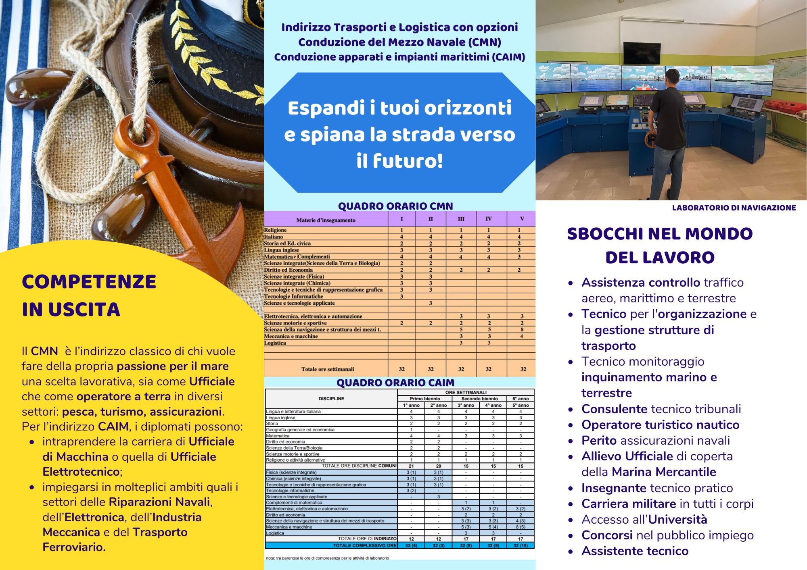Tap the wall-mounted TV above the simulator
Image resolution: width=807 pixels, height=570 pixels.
click(642, 53)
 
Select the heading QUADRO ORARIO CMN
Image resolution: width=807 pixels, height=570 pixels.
click(395, 206)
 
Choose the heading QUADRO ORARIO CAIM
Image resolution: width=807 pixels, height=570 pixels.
click(395, 383)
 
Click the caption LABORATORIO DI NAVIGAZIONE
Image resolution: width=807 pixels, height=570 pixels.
click(734, 208)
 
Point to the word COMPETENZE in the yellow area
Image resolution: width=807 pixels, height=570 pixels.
click(89, 282)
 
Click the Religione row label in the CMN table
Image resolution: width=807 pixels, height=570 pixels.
click(275, 230)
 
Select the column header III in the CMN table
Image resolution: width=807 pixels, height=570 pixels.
click(461, 219)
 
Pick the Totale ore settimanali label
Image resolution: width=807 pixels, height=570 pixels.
click(327, 369)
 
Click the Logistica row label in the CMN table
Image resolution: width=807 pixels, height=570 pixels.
click(275, 343)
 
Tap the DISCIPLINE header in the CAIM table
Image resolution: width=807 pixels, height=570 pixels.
click(331, 399)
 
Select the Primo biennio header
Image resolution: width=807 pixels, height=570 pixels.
click(424, 399)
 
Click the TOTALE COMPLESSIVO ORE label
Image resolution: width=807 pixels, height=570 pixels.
click(364, 545)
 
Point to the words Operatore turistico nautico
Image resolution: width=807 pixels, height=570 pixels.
click(660, 425)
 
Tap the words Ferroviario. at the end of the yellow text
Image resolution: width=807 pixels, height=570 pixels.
click(74, 547)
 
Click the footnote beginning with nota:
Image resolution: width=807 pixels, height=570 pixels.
click(327, 558)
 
